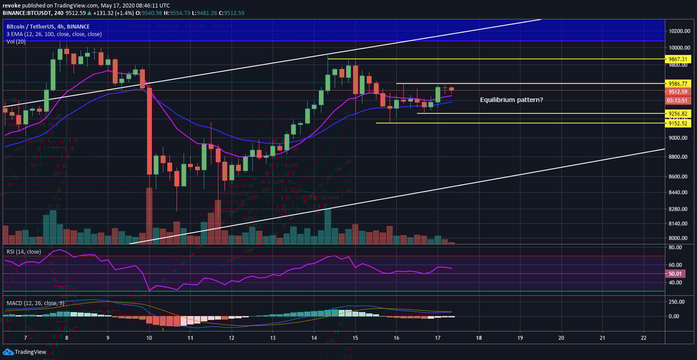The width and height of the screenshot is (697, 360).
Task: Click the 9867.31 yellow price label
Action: [x=679, y=59]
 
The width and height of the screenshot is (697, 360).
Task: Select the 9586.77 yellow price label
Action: [x=679, y=83]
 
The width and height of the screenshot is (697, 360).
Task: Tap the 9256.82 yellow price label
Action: [x=679, y=114]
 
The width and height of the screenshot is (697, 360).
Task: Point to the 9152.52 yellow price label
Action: [x=679, y=123]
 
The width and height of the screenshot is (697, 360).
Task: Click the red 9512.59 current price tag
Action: [x=679, y=92]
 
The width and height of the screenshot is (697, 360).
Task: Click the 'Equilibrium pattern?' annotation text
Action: [x=511, y=100]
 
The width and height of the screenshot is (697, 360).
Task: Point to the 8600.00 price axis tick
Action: [x=679, y=176]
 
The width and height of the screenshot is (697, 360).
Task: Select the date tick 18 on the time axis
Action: [x=479, y=338]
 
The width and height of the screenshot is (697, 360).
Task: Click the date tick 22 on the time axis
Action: [x=643, y=338]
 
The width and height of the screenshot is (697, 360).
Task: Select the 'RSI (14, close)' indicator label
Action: [x=23, y=251]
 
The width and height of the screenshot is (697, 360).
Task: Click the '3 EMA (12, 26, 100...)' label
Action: [x=54, y=34]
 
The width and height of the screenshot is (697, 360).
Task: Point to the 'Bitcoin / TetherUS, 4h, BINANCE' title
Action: [x=48, y=27]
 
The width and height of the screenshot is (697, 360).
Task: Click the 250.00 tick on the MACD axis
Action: [x=678, y=302]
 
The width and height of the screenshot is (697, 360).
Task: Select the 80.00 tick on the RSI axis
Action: [x=677, y=247]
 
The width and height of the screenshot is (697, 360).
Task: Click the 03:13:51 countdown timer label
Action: [x=679, y=100]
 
